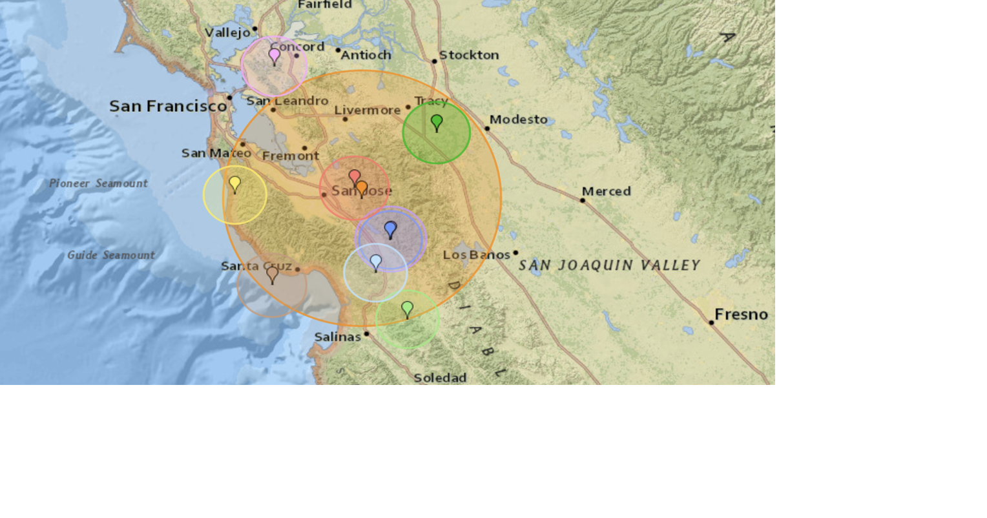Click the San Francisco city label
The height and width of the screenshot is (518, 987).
(168, 106)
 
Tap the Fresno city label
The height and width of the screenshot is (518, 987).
(741, 315)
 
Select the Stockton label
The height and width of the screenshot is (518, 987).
(469, 55)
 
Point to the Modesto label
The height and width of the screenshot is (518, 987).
(518, 119)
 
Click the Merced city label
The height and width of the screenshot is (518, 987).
(606, 191)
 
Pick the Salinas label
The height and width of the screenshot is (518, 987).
(337, 337)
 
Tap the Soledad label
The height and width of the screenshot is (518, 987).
(440, 378)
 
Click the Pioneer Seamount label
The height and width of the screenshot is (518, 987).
(99, 183)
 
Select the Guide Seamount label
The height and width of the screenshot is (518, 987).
(111, 255)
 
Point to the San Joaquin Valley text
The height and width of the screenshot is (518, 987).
(609, 265)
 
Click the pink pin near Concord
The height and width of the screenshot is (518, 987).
(275, 56)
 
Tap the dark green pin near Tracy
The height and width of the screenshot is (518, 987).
(437, 122)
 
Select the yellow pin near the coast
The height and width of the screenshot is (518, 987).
(235, 184)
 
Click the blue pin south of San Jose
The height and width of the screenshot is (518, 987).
(390, 229)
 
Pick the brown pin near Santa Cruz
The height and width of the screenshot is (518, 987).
(273, 275)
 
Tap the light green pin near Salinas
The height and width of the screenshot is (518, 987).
(407, 309)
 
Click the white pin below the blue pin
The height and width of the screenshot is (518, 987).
(376, 262)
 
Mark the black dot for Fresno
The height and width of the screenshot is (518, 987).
(711, 322)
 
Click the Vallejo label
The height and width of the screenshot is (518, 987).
(227, 32)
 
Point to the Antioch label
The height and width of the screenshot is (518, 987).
(366, 55)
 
